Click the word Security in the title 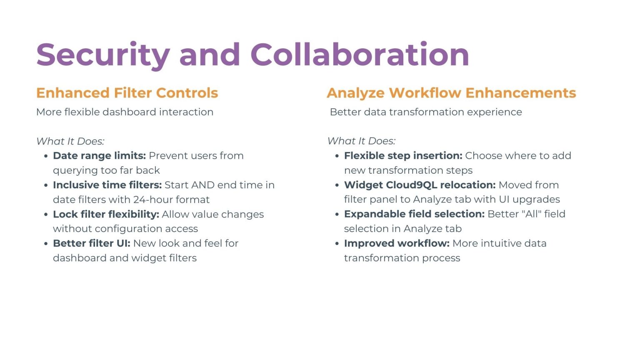coord(103,55)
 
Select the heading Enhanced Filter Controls coord(127,93)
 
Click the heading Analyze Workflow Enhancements coord(451,93)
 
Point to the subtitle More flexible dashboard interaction coord(125,112)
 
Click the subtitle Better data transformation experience coord(426,112)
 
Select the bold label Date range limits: coord(100,156)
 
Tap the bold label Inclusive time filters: coord(107,185)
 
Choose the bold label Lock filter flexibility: coord(106,214)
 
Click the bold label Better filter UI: coord(92,243)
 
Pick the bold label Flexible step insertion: coord(403,156)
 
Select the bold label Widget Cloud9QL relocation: coord(420,185)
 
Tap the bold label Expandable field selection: coord(414,214)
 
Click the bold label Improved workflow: coord(397,243)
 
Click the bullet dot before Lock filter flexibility coord(46,215)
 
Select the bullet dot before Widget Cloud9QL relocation coord(337,185)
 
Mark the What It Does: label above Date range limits coord(70,141)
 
